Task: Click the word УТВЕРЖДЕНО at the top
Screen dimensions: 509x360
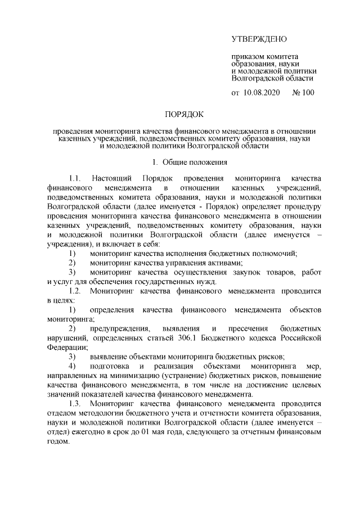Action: tap(259, 39)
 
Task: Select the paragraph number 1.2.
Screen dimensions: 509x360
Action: tap(75, 291)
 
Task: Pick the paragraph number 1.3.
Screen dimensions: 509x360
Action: tap(75, 404)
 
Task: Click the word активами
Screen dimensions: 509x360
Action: tap(225, 263)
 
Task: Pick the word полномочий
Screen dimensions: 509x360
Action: tap(276, 253)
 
